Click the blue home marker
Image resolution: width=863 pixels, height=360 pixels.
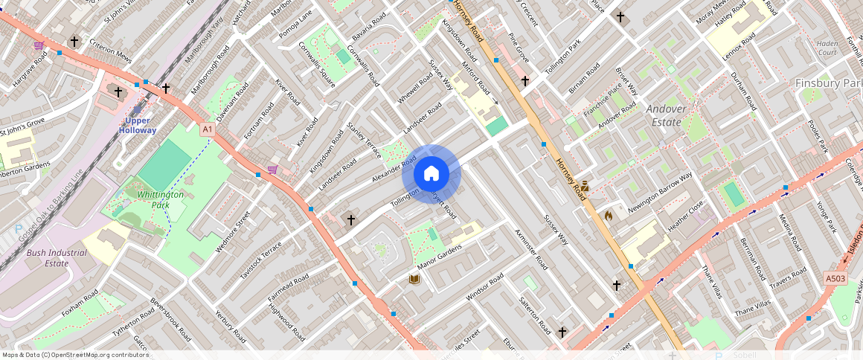pyautogui.click(x=431, y=174)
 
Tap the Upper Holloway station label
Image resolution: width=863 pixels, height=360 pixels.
pyautogui.click(x=138, y=125)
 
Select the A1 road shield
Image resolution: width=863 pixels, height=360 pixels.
pyautogui.click(x=208, y=129)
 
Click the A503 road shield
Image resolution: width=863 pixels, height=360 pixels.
pyautogui.click(x=835, y=278)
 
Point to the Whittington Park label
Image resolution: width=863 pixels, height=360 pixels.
pyautogui.click(x=160, y=199)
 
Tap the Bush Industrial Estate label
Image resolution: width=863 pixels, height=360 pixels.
pyautogui.click(x=57, y=257)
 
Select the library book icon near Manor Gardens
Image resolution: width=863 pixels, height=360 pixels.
pyautogui.click(x=414, y=279)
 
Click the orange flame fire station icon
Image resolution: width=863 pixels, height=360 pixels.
pyautogui.click(x=609, y=216)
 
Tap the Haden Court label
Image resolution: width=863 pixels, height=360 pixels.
pyautogui.click(x=827, y=48)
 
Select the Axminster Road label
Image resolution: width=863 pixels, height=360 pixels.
pyautogui.click(x=530, y=249)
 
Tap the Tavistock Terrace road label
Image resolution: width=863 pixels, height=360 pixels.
pyautogui.click(x=260, y=260)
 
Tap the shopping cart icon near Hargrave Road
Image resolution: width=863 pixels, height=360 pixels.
pyautogui.click(x=38, y=45)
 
